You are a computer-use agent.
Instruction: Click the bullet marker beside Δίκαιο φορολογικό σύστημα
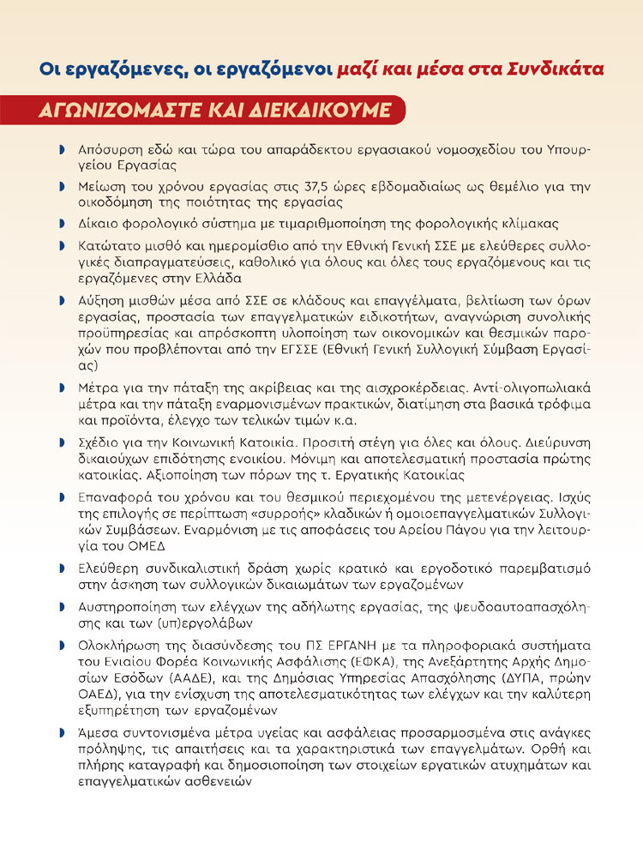63,224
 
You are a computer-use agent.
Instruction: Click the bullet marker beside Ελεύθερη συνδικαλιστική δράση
63,568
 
